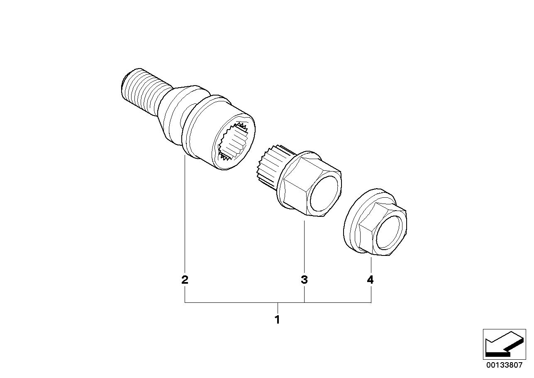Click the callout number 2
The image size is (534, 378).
coord(185,280)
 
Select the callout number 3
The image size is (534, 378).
coord(304,280)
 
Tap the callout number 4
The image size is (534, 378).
coord(370,280)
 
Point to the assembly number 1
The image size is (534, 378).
coord(277,320)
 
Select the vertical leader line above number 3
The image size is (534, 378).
coord(304,245)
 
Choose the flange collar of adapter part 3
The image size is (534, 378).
coord(286,183)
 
